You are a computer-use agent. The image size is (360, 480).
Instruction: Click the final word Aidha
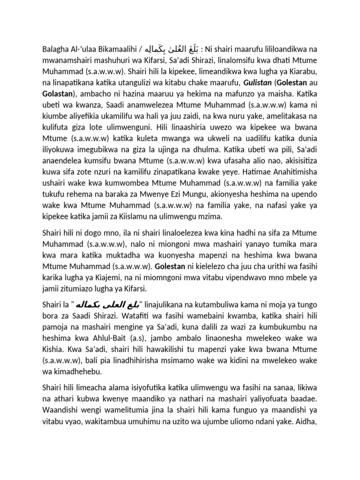point(315,459)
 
